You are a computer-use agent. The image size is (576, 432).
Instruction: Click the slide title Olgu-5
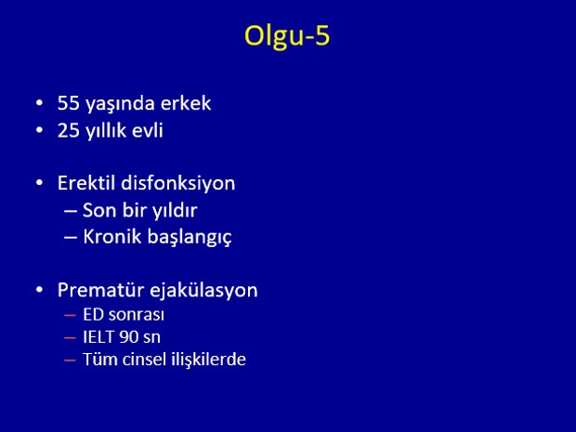[287, 37]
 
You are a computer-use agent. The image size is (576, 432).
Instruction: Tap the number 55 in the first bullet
[69, 103]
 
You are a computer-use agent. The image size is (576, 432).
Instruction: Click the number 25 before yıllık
[69, 130]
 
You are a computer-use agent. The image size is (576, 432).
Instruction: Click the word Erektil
[86, 183]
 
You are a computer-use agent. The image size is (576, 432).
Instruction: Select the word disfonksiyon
[178, 183]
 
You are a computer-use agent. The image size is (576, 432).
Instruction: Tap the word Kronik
[112, 236]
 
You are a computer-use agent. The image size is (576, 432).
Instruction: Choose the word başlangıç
[190, 237]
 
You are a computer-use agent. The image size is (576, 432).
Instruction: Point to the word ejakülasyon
[203, 291]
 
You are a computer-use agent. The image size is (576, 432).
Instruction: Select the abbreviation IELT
[98, 337]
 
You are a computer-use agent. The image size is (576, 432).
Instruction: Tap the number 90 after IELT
[128, 337]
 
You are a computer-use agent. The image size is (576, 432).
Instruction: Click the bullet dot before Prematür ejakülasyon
[40, 290]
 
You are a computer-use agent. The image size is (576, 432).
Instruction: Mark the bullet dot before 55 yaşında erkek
[40, 103]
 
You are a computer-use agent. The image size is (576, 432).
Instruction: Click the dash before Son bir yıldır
[71, 211]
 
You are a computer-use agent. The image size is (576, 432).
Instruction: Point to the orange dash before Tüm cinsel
[70, 360]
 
